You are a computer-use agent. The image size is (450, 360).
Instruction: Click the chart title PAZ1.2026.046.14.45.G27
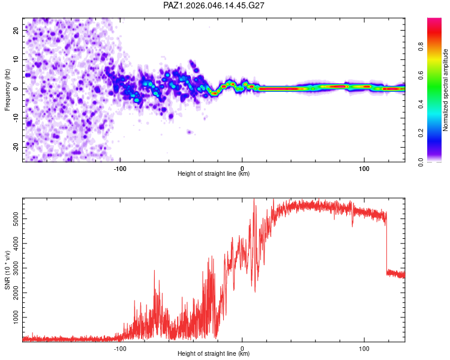pyautogui.click(x=214, y=5)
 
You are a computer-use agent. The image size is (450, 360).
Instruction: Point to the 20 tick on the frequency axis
pyautogui.click(x=16, y=30)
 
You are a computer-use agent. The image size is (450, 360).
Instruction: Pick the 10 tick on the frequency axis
pyautogui.click(x=16, y=59)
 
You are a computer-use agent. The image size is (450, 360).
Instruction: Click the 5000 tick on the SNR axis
pyautogui.click(x=12, y=219)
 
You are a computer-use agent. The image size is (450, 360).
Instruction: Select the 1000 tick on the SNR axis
pyautogui.click(x=12, y=317)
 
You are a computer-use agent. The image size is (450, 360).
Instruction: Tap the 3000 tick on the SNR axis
pyautogui.click(x=12, y=268)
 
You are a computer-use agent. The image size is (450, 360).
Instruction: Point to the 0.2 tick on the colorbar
pyautogui.click(x=421, y=133)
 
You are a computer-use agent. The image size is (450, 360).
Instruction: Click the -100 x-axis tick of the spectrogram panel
pyautogui.click(x=120, y=169)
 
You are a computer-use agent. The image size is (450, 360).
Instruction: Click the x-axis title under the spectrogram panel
pyautogui.click(x=214, y=174)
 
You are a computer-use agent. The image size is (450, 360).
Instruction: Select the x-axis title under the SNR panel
pyautogui.click(x=214, y=354)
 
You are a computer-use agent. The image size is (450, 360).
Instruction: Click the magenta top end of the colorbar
pyautogui.click(x=434, y=20)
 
